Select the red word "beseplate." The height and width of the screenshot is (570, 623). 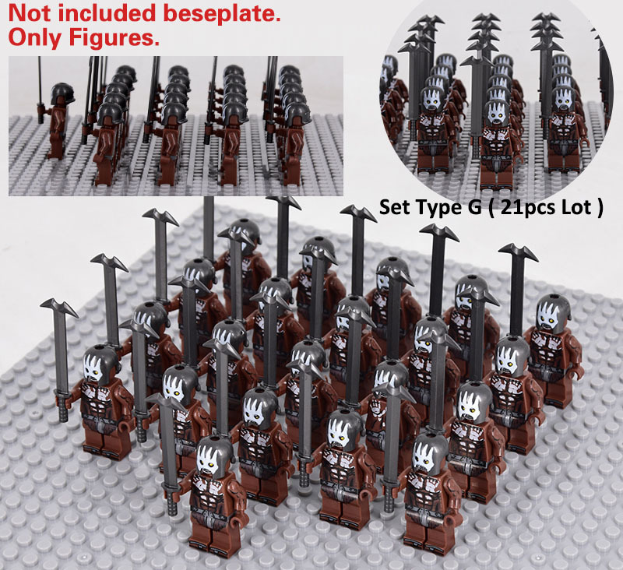pos(222,14)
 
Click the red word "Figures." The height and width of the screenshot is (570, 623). pos(114,38)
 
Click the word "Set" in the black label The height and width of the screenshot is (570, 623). pos(395,207)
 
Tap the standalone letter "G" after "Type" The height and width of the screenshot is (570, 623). pos(470,207)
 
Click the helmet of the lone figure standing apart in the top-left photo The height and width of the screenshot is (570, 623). pos(62,93)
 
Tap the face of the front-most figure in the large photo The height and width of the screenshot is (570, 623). pos(210,460)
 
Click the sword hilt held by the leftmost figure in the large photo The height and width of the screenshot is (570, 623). pos(63,408)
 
